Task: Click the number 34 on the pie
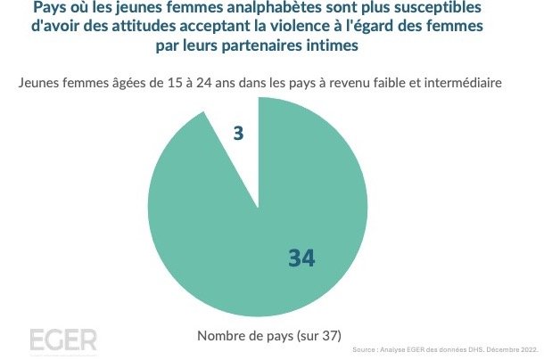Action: click(x=302, y=258)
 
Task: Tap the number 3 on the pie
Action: click(x=239, y=135)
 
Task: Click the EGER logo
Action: click(x=62, y=340)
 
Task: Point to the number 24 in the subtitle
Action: click(x=210, y=84)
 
